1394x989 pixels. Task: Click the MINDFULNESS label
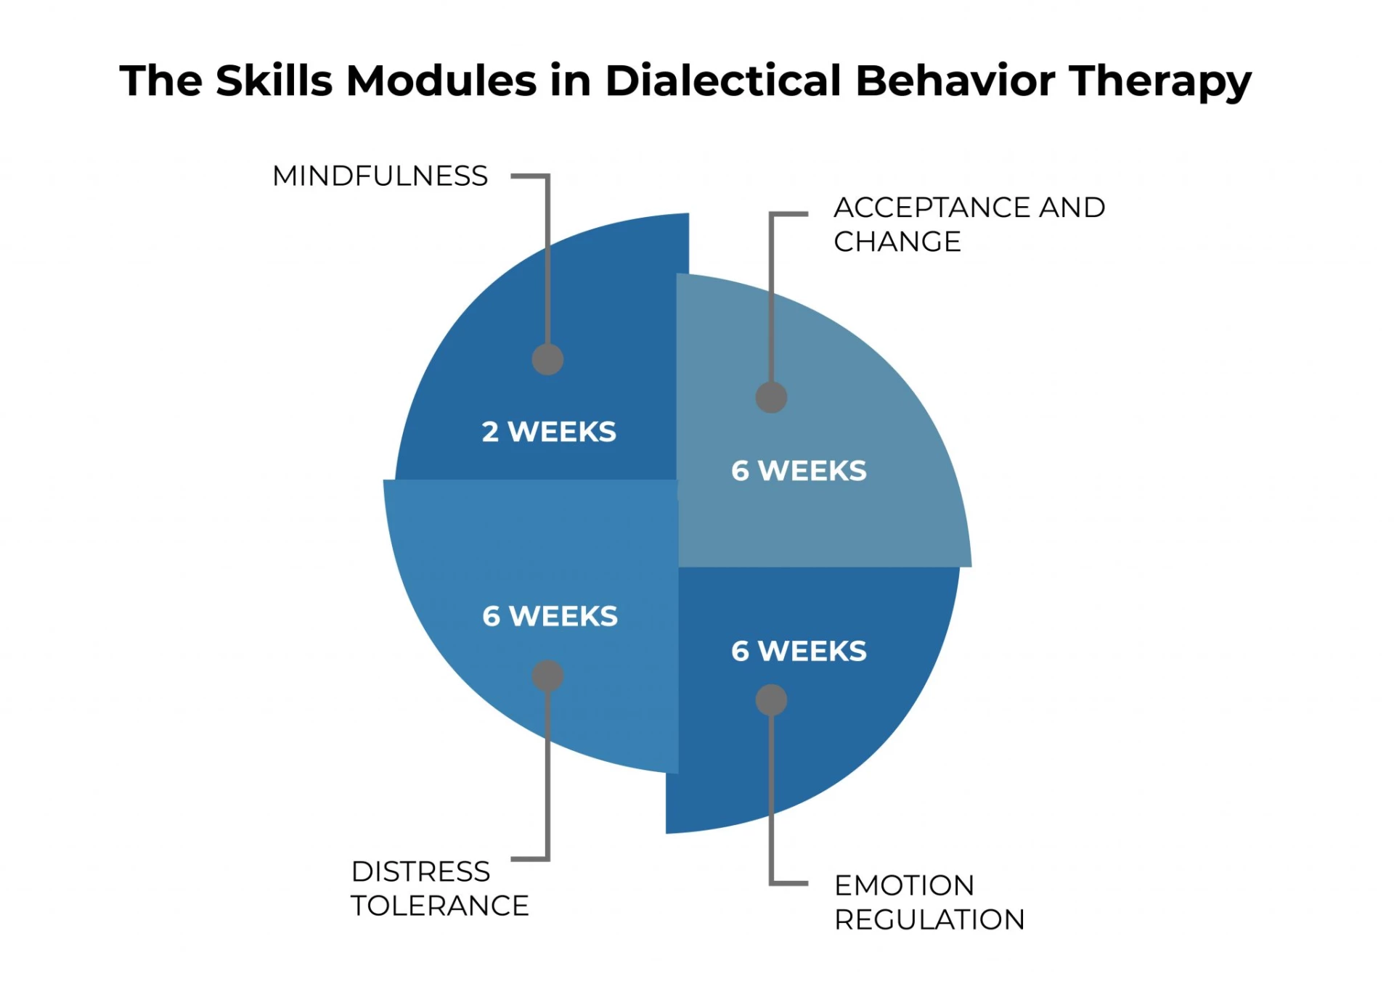click(380, 176)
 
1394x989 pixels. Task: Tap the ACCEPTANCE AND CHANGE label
click(969, 224)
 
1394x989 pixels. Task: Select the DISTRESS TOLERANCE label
click(439, 889)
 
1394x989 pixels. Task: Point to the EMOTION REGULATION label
click(929, 903)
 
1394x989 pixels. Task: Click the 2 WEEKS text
click(549, 432)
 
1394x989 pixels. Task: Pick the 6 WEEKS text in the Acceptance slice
click(799, 471)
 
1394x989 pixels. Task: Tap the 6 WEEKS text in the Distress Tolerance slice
click(550, 616)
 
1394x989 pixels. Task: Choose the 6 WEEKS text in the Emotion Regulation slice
click(799, 651)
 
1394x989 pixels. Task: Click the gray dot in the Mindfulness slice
click(547, 359)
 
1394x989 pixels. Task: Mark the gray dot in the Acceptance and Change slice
click(771, 397)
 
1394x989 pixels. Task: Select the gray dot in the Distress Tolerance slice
click(547, 676)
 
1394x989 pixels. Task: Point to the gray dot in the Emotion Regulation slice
click(771, 700)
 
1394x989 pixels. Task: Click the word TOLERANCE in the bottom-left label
click(439, 906)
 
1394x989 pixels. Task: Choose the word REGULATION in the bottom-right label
click(929, 920)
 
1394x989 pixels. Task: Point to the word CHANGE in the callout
click(897, 242)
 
